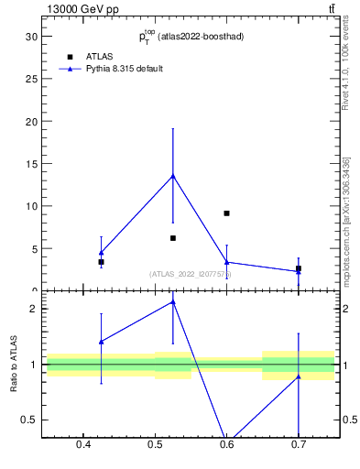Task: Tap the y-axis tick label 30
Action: (x=31, y=37)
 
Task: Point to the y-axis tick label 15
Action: (x=31, y=164)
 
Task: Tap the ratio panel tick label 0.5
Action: (x=29, y=420)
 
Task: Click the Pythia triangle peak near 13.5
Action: (x=173, y=176)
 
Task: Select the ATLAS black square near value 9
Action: (x=226, y=213)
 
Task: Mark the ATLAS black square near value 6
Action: (x=173, y=238)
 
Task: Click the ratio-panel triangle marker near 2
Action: (x=173, y=301)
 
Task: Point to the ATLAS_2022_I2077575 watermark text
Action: (x=191, y=274)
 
